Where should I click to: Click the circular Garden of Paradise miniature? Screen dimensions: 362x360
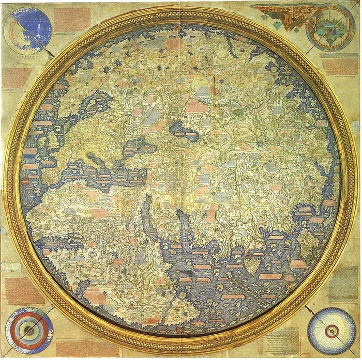[x=330, y=26]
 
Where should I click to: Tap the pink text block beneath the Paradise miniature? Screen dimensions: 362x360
[x=339, y=66]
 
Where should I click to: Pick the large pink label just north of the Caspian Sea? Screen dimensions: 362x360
[x=197, y=106]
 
